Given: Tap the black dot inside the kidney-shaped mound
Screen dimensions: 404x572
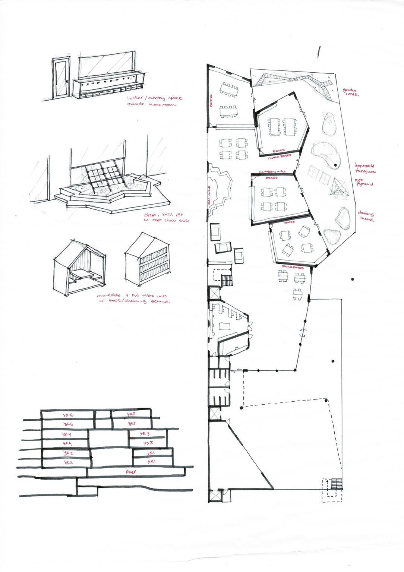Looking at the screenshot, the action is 335,165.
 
